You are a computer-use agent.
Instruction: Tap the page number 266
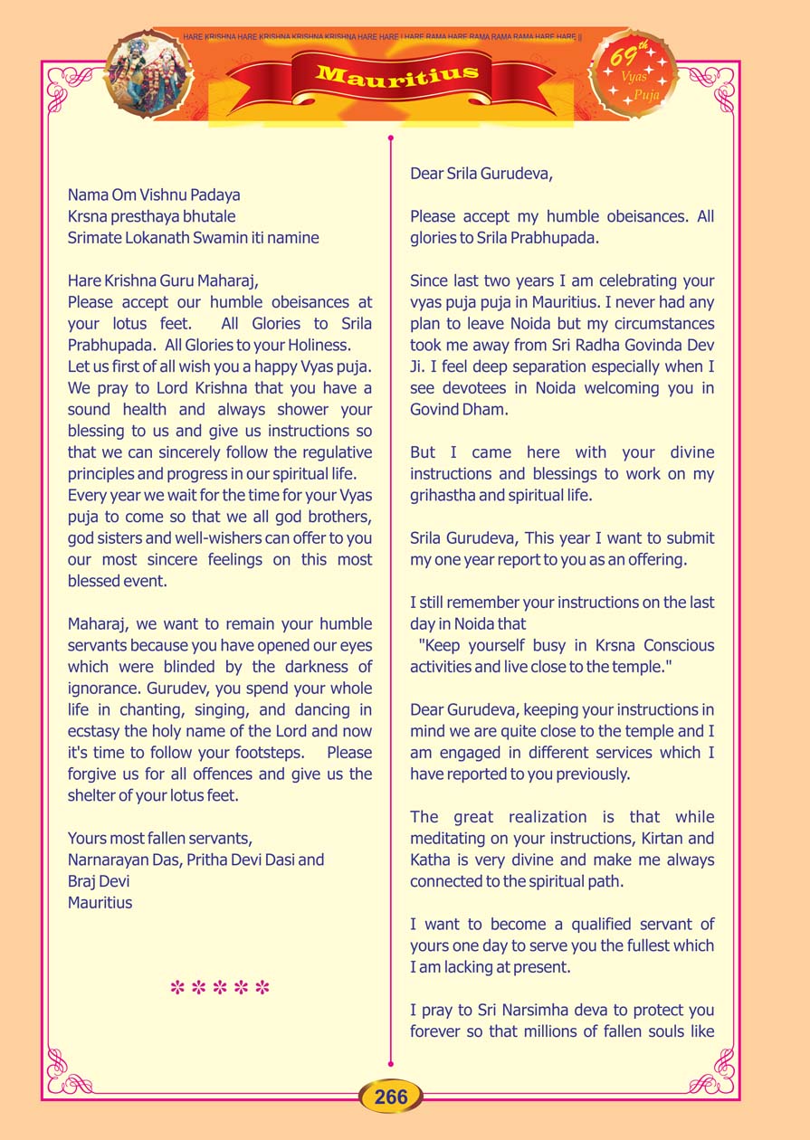tap(391, 1097)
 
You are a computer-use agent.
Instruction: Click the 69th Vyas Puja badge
tap(634, 74)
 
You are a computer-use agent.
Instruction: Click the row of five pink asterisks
tap(220, 987)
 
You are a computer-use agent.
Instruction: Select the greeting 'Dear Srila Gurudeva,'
tap(481, 173)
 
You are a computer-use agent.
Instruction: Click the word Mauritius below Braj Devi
tap(100, 902)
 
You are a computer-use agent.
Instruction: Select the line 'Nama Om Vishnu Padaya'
tap(154, 195)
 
